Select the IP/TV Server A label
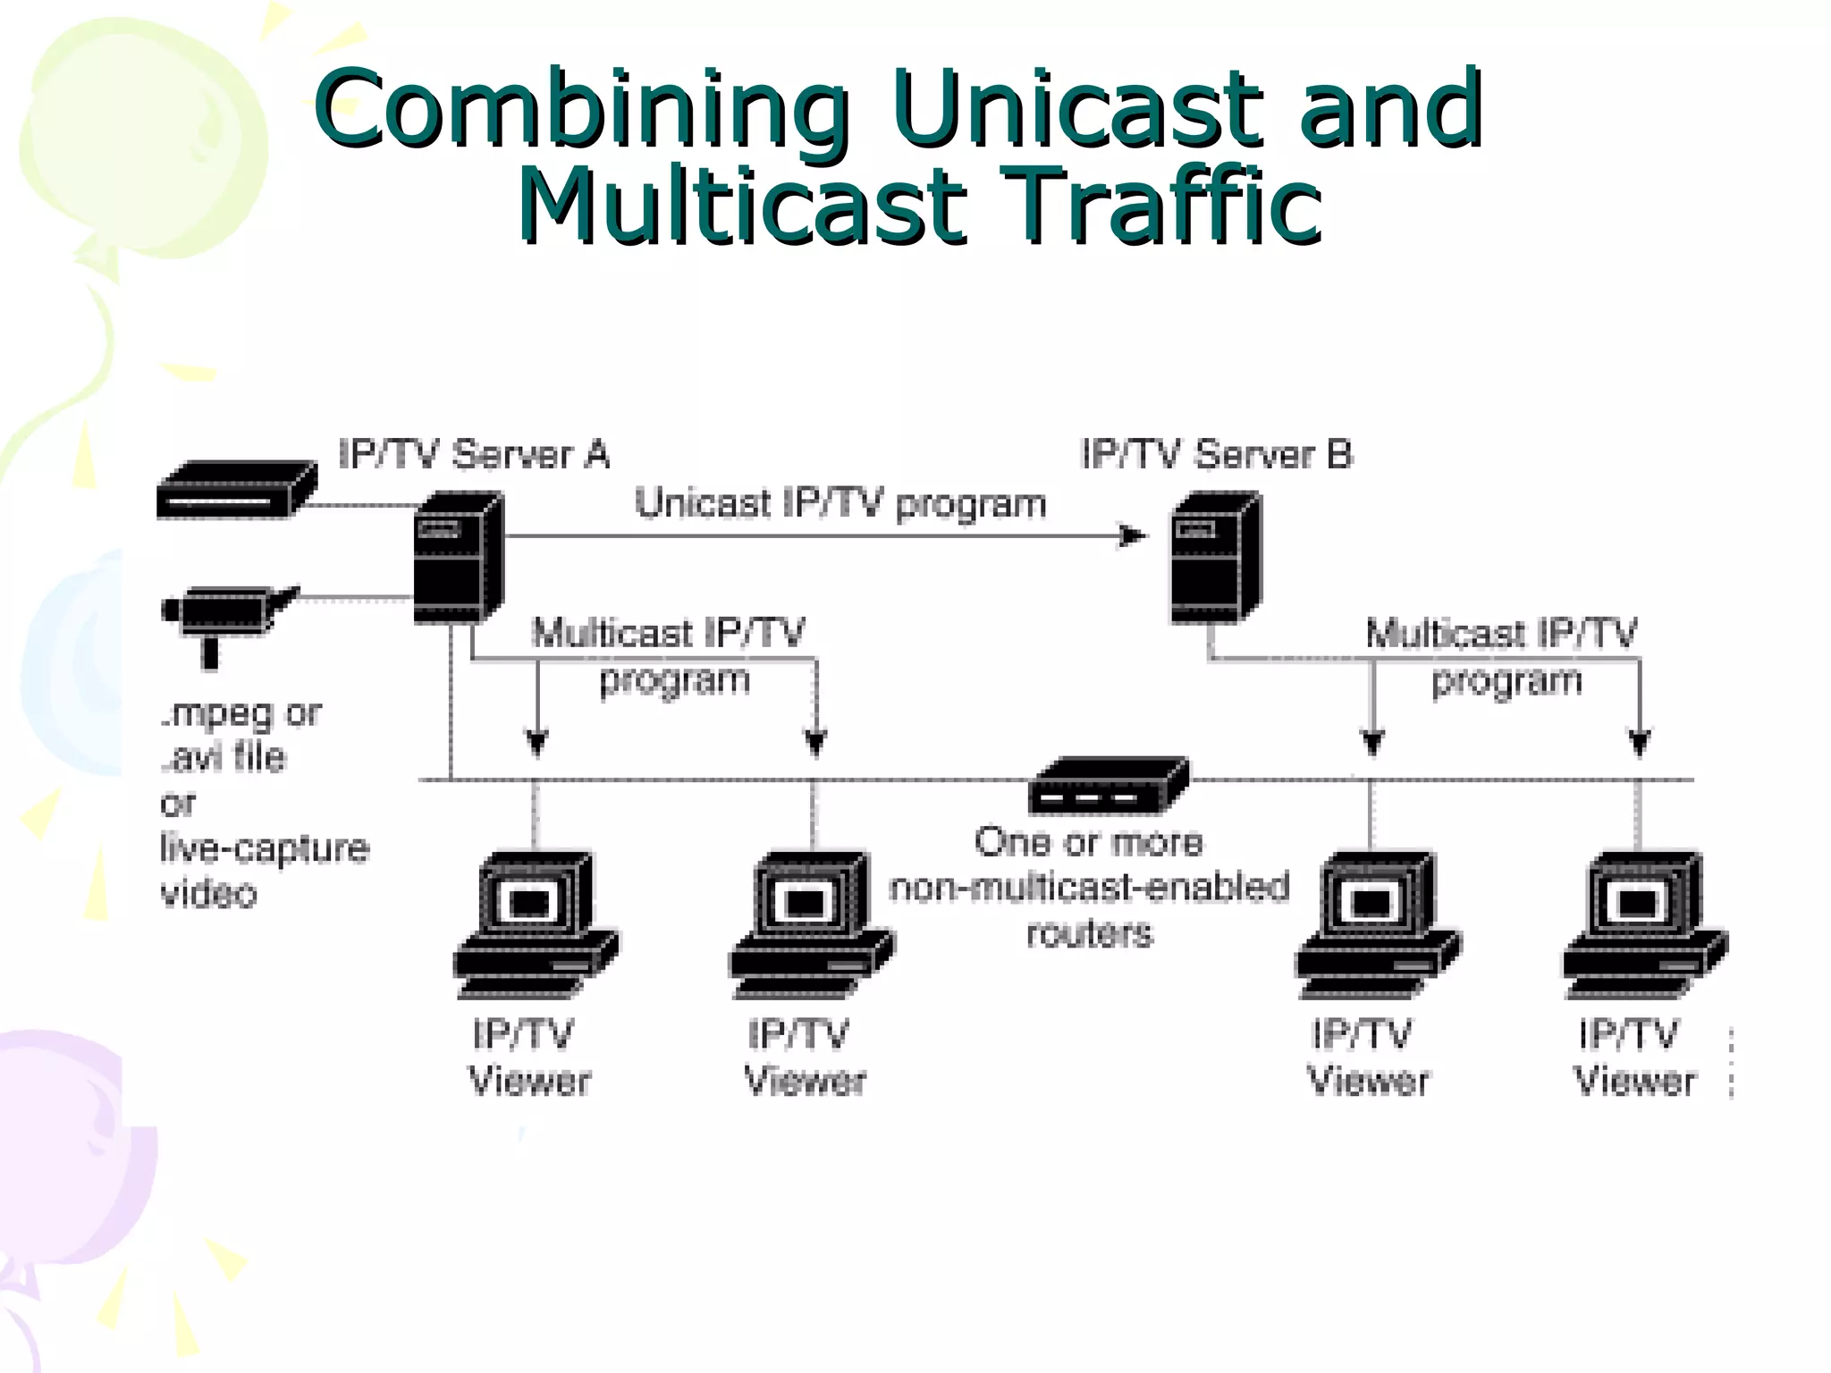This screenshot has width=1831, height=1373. point(474,455)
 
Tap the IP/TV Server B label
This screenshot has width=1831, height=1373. point(1216,455)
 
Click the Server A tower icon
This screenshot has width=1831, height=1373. point(458,558)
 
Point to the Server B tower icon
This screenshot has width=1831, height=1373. point(1215,558)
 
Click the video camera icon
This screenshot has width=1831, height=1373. point(227,617)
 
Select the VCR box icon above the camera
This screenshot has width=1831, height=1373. point(236,490)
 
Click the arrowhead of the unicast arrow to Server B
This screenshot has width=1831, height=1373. point(1134,536)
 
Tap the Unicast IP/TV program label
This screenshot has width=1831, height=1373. point(840,503)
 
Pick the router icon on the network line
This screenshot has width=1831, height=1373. point(1109,786)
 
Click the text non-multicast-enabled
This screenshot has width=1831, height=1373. point(1089,888)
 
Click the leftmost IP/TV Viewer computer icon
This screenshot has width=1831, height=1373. point(535,925)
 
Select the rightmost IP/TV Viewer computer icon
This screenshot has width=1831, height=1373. point(1644,925)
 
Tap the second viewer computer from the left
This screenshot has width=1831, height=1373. point(811,925)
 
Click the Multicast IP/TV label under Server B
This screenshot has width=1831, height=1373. point(1501,634)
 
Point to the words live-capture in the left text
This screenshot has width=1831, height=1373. point(265,848)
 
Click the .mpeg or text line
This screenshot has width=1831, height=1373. point(241,714)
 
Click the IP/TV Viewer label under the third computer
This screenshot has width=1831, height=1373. point(1367,1057)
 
